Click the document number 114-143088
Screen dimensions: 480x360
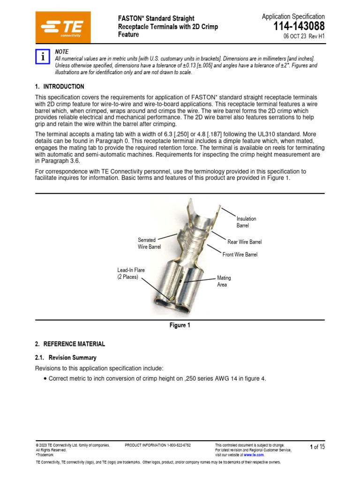pos(299,27)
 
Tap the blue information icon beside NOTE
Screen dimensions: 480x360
pos(43,57)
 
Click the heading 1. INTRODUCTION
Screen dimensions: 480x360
pos(60,87)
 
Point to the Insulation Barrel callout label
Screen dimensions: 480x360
pos(246,222)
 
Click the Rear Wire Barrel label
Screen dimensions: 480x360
pos(244,242)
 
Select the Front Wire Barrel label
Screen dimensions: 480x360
pos(240,255)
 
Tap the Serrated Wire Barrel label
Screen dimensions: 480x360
pos(149,243)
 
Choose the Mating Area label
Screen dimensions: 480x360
pos(224,281)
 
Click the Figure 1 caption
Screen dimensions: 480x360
pos(180,326)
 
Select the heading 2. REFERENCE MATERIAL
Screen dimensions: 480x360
pos(70,344)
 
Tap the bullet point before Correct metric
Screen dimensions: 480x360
pos(45,379)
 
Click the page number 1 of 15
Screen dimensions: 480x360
pos(317,447)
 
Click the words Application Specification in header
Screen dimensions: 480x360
pos(293,16)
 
